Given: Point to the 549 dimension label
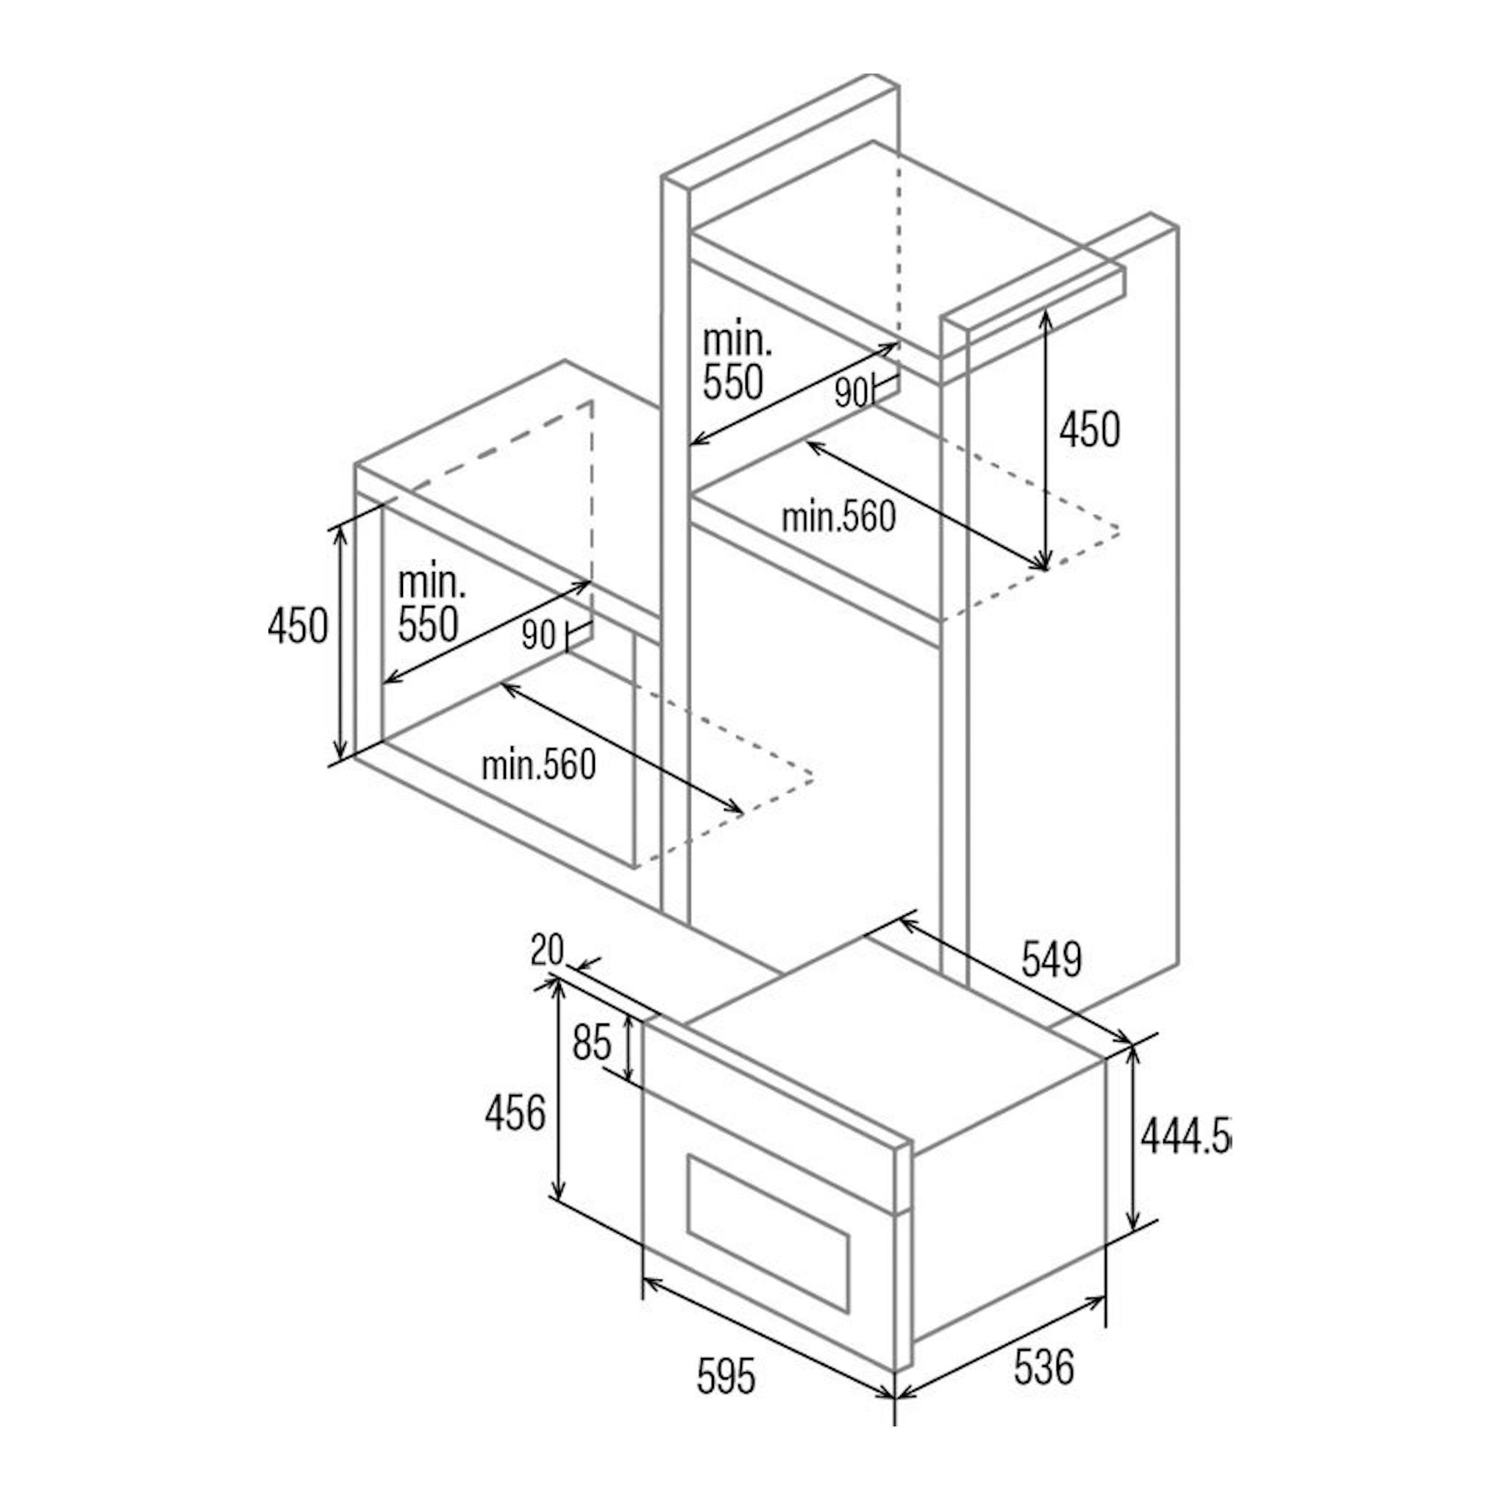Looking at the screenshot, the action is [x=1052, y=960].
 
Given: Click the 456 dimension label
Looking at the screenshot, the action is [x=515, y=1113].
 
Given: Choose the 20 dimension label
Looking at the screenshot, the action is [x=547, y=949].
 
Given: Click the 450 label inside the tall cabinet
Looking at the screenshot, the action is [x=1090, y=429].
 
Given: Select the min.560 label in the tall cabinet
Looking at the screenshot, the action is [x=838, y=517].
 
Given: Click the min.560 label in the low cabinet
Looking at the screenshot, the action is [x=539, y=765].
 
